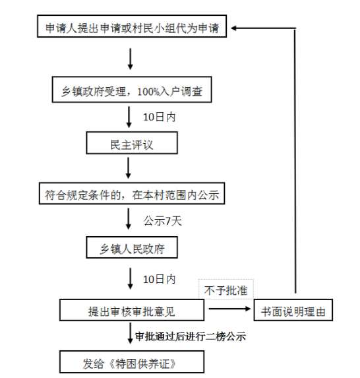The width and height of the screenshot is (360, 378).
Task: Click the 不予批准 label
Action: [225, 290]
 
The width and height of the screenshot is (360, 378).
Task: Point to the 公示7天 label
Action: [163, 221]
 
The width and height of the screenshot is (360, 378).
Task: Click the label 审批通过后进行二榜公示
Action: [191, 336]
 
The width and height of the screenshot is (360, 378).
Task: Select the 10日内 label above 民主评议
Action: [160, 117]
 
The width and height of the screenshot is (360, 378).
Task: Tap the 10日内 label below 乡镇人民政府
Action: [160, 280]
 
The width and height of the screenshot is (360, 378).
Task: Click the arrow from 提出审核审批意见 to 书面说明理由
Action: [229, 309]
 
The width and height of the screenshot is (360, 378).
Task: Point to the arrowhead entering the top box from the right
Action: [233, 28]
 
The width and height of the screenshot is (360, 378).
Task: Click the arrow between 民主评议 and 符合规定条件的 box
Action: [129, 168]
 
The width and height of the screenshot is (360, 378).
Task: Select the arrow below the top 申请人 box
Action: [131, 59]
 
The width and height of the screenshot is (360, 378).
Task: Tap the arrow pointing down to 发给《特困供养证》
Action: [131, 333]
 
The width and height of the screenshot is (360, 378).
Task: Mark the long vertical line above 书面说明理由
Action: [295, 161]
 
